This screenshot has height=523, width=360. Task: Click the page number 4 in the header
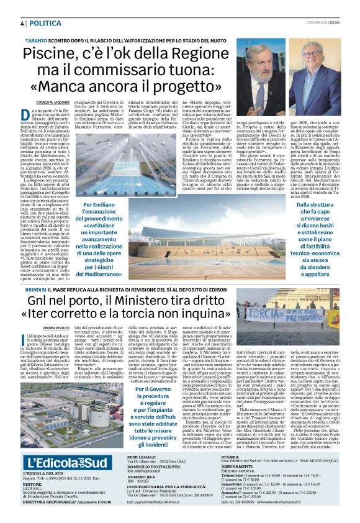coord(22,22)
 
